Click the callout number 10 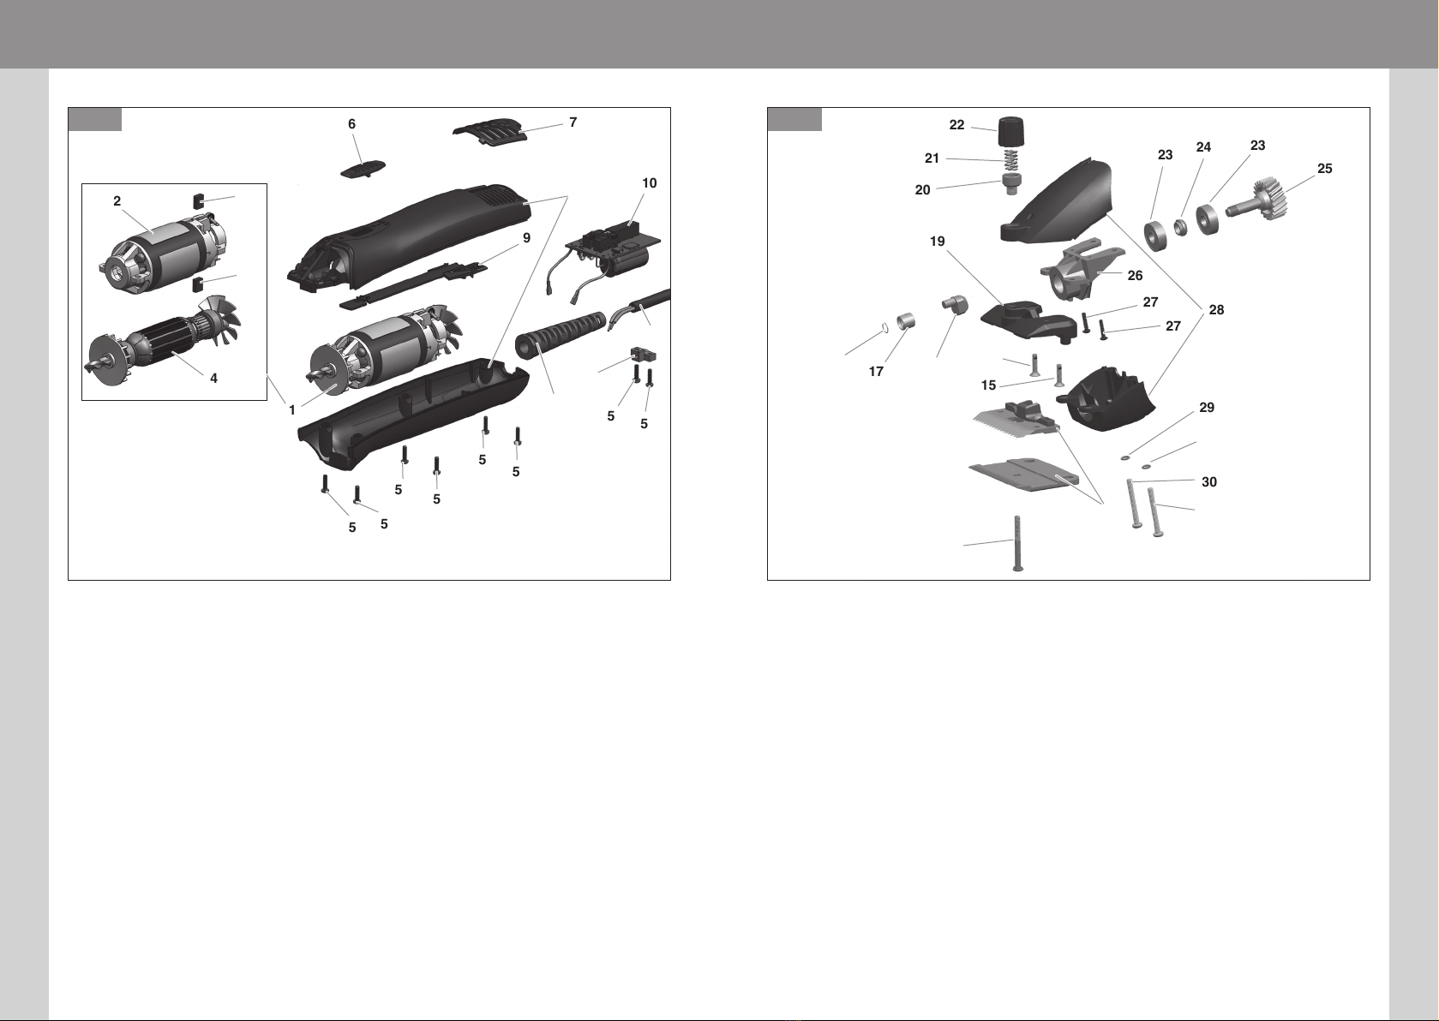[x=650, y=183]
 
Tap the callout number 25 [x=1325, y=168]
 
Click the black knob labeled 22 [x=1011, y=132]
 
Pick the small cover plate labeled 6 [x=363, y=170]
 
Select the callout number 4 [x=214, y=379]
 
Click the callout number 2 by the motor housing [x=117, y=201]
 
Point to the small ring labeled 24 [x=1179, y=227]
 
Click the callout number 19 [x=938, y=242]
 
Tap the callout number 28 [x=1217, y=309]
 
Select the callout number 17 [x=876, y=371]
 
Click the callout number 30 [x=1209, y=481]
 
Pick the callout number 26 [x=1135, y=276]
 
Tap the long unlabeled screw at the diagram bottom [x=1017, y=543]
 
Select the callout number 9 [x=527, y=238]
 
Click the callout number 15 [x=988, y=385]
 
